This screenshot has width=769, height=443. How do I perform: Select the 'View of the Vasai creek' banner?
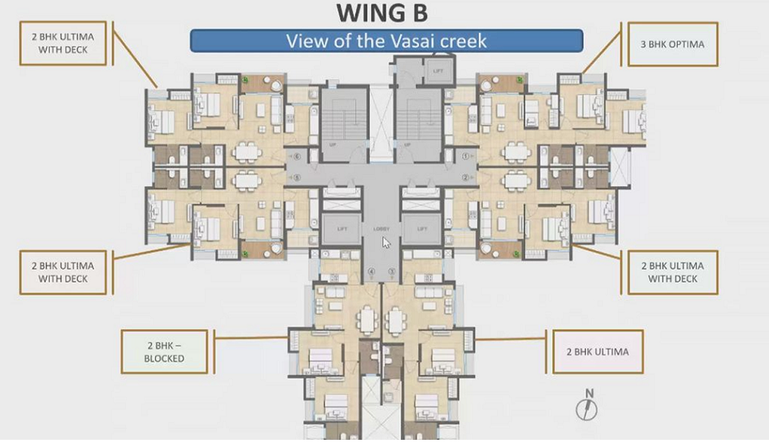point(386,41)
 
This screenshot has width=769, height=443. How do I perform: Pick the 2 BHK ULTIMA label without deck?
point(598,351)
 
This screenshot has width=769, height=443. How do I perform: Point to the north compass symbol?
point(588,406)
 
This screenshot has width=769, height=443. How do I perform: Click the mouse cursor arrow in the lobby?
point(386,243)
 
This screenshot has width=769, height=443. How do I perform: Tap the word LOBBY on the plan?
point(381,229)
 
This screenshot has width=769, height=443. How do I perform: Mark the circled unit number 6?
point(297,156)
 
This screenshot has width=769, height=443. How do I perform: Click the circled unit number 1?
point(465,156)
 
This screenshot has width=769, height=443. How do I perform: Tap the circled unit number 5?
point(297,177)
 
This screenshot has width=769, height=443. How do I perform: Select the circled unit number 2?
point(465,177)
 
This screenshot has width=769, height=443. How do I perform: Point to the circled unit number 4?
point(371,272)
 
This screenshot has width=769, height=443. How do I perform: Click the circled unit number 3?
point(392,272)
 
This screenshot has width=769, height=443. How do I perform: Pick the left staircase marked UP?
point(341,124)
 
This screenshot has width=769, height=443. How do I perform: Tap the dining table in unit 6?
point(247,152)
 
